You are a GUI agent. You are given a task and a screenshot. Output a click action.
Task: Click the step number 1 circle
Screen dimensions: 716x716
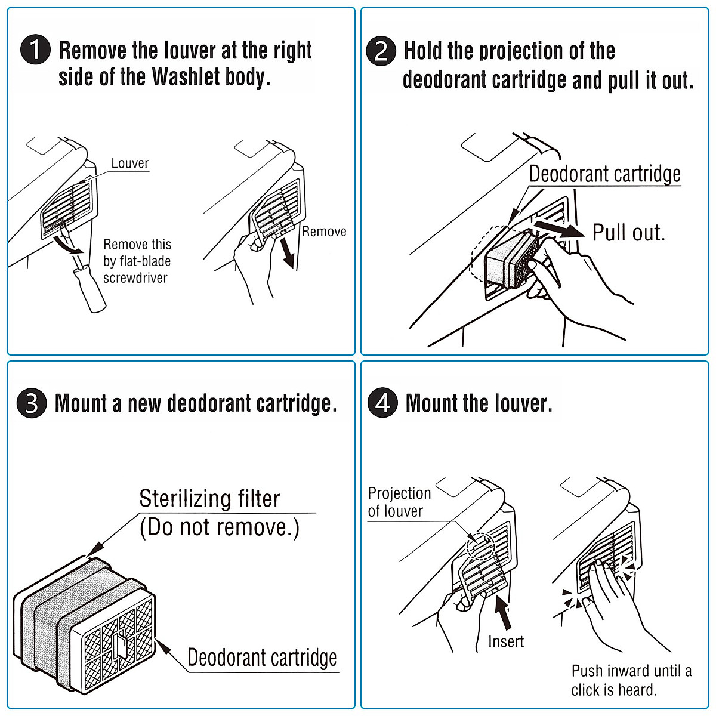[35, 50]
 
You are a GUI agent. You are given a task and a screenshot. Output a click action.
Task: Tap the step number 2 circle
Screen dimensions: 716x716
[381, 51]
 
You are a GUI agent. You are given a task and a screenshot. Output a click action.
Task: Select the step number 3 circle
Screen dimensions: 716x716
[32, 403]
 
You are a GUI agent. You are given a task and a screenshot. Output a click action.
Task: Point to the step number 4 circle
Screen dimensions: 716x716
[382, 403]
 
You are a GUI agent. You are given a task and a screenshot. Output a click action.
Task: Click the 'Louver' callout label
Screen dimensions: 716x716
[130, 163]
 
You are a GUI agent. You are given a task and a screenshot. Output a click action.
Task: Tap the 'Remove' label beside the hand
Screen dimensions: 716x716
[324, 232]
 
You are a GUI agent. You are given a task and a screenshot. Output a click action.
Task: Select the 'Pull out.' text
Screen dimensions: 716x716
[629, 233]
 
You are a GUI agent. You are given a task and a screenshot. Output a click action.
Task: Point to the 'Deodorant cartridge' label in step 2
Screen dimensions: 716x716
[605, 174]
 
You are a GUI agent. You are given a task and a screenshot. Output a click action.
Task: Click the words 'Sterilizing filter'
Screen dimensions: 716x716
[209, 499]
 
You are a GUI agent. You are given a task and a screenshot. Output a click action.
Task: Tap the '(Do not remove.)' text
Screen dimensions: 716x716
[220, 527]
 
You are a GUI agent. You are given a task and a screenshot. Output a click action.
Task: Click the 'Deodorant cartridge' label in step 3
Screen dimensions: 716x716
[263, 658]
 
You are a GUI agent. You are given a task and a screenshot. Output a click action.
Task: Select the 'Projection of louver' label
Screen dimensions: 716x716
[399, 502]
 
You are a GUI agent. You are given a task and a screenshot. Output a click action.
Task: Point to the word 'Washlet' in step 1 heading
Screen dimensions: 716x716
[186, 76]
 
